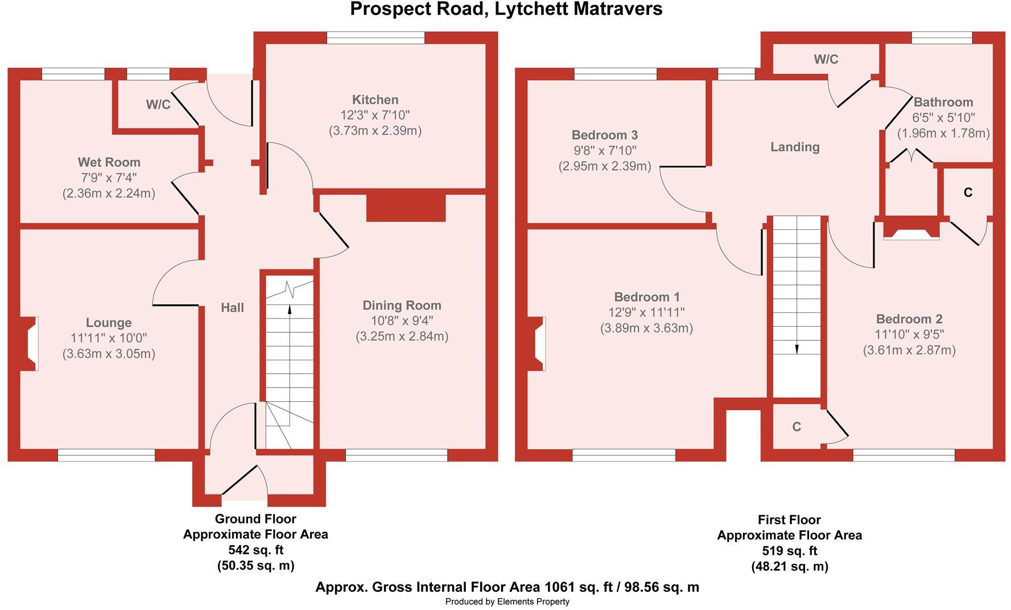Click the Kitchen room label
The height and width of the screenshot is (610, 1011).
[375, 100]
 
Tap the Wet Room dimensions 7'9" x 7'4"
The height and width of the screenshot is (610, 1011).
[109, 178]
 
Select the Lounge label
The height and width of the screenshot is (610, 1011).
[109, 323]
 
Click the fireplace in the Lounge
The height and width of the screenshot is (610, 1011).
[30, 343]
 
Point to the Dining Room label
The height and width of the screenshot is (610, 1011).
[402, 306]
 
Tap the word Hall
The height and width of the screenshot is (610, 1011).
[232, 308]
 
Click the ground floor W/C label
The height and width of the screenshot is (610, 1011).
[158, 105]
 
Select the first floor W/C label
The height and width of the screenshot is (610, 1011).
[826, 59]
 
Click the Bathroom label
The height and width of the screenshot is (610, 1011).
[943, 102]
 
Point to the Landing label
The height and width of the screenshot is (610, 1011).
[795, 147]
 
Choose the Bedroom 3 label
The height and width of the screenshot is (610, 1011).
[604, 135]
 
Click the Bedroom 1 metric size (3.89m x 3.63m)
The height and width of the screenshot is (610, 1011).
[646, 328]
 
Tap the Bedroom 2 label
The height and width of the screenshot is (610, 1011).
[909, 319]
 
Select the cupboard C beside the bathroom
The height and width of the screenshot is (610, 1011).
[968, 192]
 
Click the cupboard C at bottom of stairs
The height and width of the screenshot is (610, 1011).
[797, 427]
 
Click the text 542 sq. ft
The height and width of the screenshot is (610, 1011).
[255, 550]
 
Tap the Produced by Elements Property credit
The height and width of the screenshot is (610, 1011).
[507, 601]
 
